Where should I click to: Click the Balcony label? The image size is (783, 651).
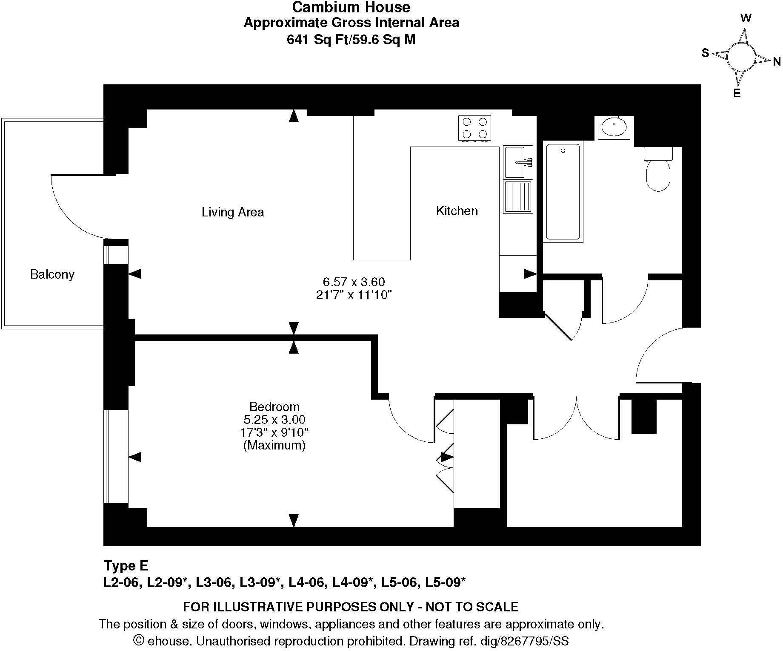pyautogui.click(x=52, y=274)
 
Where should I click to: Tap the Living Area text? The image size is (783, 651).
pyautogui.click(x=233, y=212)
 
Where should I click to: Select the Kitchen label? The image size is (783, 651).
pyautogui.click(x=457, y=210)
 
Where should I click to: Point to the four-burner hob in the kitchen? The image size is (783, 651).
pyautogui.click(x=474, y=128)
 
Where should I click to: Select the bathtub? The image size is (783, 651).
pyautogui.click(x=563, y=192)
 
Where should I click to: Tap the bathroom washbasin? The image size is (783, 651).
pyautogui.click(x=614, y=127)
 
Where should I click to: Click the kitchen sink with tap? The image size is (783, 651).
pyautogui.click(x=517, y=162)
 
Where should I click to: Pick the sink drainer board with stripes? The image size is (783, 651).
pyautogui.click(x=518, y=197)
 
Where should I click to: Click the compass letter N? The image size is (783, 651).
pyautogui.click(x=777, y=62)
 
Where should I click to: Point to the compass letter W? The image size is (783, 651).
pyautogui.click(x=746, y=18)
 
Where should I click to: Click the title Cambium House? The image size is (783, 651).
pyautogui.click(x=351, y=7)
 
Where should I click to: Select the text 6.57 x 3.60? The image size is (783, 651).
pyautogui.click(x=354, y=282)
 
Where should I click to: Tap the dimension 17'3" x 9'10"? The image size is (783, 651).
pyautogui.click(x=274, y=432)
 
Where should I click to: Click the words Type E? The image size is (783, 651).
pyautogui.click(x=126, y=565)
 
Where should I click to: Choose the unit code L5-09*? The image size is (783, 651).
pyautogui.click(x=444, y=582)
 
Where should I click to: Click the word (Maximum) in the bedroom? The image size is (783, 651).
pyautogui.click(x=274, y=445)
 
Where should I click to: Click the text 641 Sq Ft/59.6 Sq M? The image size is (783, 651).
pyautogui.click(x=351, y=40)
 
